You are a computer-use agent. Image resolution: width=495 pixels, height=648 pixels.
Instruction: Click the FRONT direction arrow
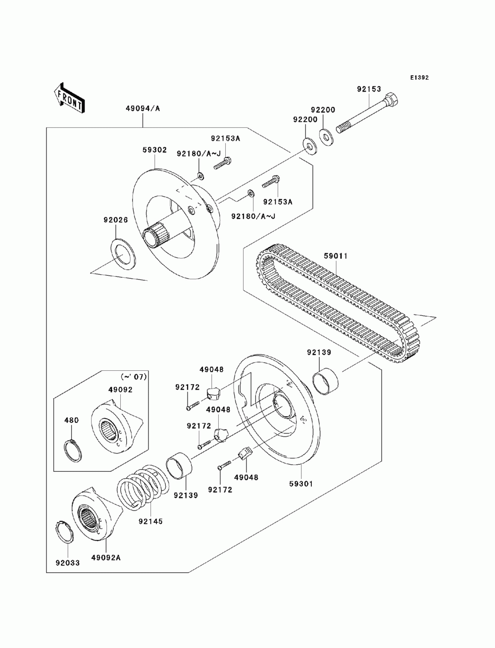[x=70, y=97]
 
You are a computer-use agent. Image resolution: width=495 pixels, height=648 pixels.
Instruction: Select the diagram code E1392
[x=419, y=78]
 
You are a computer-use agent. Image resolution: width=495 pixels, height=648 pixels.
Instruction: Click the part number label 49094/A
[x=142, y=109]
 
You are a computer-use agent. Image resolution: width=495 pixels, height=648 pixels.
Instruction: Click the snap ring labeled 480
[x=74, y=449]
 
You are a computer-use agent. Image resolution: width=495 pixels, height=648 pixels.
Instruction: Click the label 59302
[x=154, y=150]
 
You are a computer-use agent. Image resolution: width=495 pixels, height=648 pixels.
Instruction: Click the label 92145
[x=151, y=521]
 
